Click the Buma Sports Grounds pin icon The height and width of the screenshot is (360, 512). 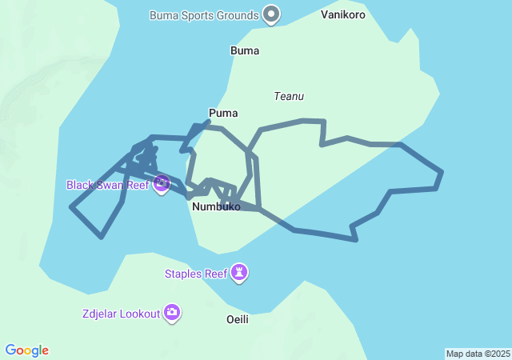(272, 14)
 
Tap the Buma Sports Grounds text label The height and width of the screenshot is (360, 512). (204, 15)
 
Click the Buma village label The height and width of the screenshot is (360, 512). (245, 50)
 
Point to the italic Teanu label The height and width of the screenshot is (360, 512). (289, 96)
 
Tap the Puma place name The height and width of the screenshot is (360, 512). (223, 113)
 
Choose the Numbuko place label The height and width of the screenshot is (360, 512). (216, 206)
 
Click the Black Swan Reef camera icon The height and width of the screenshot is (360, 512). (162, 185)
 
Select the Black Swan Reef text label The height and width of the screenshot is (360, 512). (107, 185)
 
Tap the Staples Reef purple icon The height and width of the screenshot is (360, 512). (239, 274)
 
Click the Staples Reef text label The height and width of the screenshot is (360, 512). (196, 274)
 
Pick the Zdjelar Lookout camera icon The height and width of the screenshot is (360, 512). (172, 313)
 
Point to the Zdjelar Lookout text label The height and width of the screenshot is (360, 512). (121, 314)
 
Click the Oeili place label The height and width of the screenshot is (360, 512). (238, 319)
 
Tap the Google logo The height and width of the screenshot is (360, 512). (27, 350)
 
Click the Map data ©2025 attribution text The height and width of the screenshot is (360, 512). (478, 354)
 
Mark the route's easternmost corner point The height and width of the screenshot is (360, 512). (442, 171)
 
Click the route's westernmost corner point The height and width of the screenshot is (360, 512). (71, 207)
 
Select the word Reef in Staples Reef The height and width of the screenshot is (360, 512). (216, 274)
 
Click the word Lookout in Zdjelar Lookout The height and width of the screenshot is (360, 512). (139, 314)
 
